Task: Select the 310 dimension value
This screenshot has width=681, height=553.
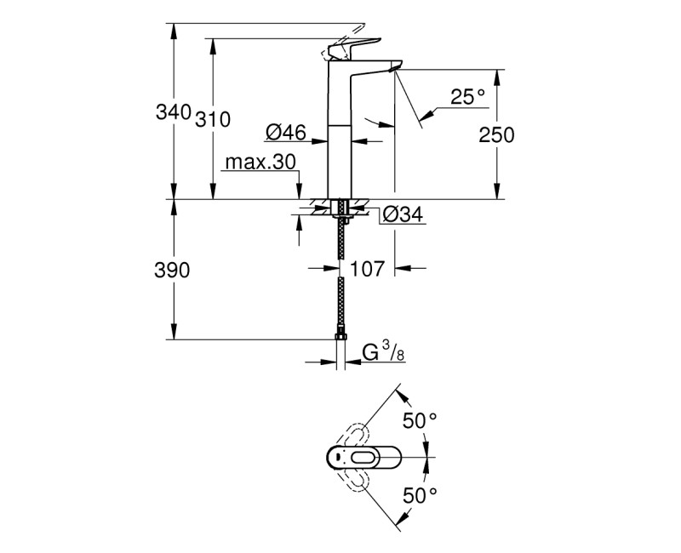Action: point(214,120)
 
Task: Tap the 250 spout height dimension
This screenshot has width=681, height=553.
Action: point(497,134)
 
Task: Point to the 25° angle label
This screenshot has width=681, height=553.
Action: point(467,98)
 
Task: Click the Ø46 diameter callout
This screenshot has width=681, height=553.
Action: point(285,131)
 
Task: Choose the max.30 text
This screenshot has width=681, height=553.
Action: point(260,162)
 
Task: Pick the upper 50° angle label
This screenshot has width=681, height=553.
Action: point(419,419)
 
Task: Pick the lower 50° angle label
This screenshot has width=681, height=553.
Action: point(419,493)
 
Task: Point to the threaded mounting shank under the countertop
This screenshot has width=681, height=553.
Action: point(340,210)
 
